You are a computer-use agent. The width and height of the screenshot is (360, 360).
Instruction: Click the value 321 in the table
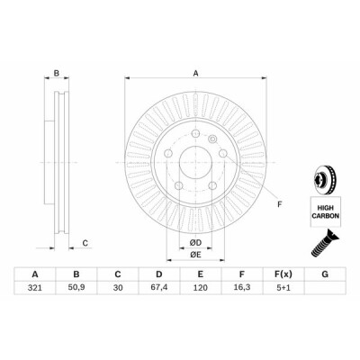click(34, 288)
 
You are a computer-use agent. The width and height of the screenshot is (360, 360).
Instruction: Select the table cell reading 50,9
click(76, 287)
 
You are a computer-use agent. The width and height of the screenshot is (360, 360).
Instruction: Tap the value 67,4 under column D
click(159, 287)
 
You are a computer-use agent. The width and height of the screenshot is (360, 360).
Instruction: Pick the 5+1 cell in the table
click(283, 288)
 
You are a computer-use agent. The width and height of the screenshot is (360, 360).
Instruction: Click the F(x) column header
click(283, 274)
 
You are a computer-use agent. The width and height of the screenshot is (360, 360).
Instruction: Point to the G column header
click(325, 274)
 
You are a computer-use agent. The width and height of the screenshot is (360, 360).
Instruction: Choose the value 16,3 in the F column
click(242, 287)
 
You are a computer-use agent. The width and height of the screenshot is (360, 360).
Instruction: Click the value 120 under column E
click(201, 288)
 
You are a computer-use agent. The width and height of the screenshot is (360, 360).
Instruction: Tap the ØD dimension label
click(195, 242)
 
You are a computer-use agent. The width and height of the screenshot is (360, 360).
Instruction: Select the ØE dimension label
click(195, 255)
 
